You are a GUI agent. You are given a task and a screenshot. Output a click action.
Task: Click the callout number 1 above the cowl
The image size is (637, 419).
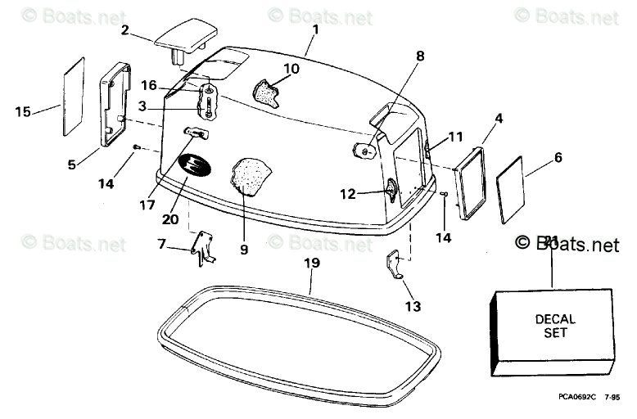316,30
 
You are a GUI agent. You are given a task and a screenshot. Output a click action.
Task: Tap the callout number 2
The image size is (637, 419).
125,30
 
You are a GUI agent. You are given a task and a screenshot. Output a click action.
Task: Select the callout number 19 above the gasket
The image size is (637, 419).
311,263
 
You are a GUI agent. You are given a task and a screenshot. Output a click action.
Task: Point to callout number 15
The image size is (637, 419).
22,111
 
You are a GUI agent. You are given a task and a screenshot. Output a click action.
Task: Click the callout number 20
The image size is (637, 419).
169,219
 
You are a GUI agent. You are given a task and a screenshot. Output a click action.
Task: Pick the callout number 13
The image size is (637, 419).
412,306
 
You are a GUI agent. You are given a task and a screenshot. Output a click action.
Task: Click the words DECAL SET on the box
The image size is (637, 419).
555,326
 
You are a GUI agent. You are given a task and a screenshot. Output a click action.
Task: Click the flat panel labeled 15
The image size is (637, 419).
75,97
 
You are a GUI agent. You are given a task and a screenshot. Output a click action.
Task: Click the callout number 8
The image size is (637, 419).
420,56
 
